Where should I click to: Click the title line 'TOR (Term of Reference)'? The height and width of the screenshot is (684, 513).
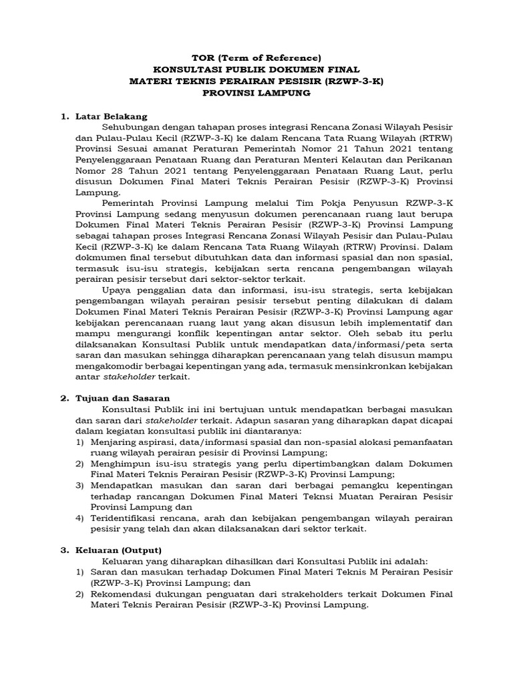pos(257,57)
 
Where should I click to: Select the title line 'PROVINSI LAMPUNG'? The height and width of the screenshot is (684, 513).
pos(257,94)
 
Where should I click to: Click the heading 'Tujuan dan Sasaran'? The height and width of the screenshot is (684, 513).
pos(120,398)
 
